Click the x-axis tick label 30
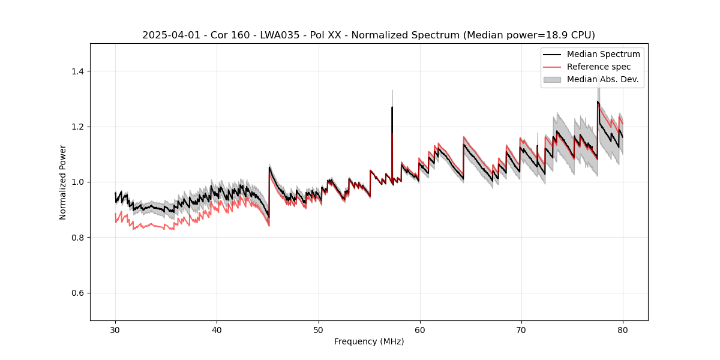click(116, 329)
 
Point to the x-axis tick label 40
click(217, 329)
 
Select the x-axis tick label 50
click(319, 329)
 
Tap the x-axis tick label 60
click(420, 329)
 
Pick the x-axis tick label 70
click(521, 329)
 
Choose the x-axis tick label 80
click(623, 329)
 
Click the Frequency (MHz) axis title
click(369, 341)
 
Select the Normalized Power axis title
click(63, 182)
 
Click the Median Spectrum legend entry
click(603, 54)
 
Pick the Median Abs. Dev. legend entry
click(602, 79)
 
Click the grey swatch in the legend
click(552, 79)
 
